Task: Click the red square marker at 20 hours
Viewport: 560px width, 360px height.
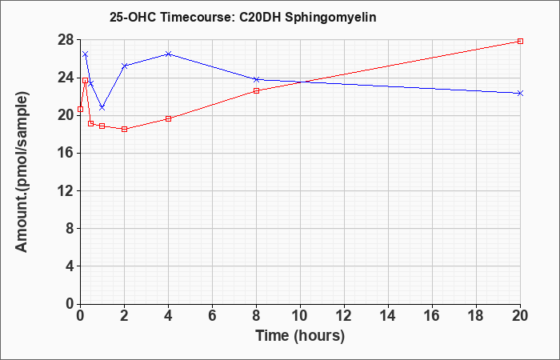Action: [520, 41]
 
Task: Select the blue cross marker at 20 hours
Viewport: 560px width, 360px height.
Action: [520, 94]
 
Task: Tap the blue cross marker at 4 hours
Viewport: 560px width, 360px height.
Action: [168, 54]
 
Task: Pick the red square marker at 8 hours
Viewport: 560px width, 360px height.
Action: [256, 90]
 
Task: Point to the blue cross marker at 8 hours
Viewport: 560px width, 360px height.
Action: [256, 79]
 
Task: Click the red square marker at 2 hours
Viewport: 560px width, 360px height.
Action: [124, 130]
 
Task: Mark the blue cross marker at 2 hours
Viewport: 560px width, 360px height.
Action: [124, 66]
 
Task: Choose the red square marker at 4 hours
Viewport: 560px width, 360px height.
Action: [168, 118]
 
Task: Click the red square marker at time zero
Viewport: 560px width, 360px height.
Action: [80, 110]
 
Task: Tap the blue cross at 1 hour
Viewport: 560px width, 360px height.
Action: [102, 107]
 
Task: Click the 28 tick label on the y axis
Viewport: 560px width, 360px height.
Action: [66, 40]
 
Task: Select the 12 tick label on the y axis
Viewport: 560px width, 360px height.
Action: [66, 190]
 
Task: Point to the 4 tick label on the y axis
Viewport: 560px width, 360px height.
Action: [70, 266]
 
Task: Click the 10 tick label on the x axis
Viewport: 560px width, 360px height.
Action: [300, 316]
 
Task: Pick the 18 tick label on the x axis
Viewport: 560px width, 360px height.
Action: [476, 316]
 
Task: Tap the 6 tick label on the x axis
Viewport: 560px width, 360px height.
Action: [212, 316]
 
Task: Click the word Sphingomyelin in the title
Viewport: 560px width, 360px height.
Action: [330, 18]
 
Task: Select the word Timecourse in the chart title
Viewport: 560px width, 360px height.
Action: [197, 18]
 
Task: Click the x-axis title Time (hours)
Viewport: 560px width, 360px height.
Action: [300, 336]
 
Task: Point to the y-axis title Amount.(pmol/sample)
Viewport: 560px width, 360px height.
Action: [22, 172]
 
